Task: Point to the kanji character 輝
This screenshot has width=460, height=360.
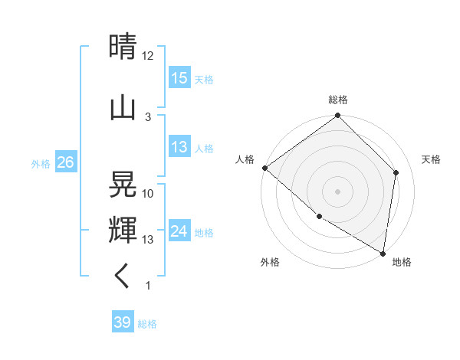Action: click(x=123, y=230)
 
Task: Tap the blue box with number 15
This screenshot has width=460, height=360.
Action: click(x=179, y=77)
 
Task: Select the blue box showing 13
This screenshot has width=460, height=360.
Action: click(x=179, y=147)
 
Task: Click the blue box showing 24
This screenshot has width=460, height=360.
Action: click(x=179, y=231)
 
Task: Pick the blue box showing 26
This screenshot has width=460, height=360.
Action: click(x=66, y=162)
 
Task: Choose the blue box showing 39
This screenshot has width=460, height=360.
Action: click(x=123, y=322)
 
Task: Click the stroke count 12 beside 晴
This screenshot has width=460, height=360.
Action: click(x=148, y=55)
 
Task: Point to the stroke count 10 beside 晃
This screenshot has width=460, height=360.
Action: click(x=148, y=193)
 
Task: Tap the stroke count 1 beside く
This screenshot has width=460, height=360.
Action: click(x=148, y=286)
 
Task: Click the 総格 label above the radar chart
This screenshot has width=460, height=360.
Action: click(x=338, y=100)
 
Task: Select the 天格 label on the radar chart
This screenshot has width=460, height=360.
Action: click(x=431, y=159)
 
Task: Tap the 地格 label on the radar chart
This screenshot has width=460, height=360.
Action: click(x=402, y=262)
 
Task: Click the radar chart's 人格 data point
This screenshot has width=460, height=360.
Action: click(x=264, y=168)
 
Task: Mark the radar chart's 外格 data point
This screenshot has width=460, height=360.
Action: click(x=319, y=217)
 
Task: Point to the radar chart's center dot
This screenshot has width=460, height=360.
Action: click(x=338, y=191)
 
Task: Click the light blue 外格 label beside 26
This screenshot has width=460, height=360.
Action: click(x=41, y=163)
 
